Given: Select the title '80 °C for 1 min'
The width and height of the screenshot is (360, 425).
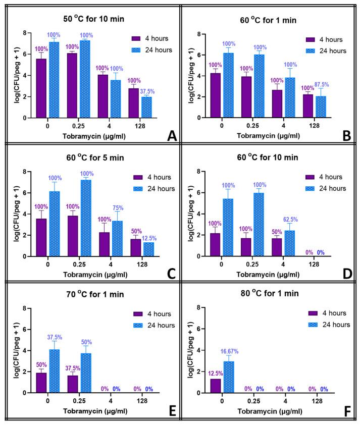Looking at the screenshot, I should (x=268, y=294).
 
